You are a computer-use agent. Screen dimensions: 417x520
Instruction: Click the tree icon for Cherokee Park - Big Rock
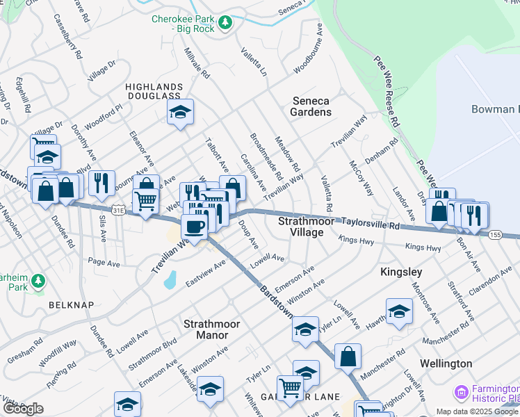click(x=225, y=24)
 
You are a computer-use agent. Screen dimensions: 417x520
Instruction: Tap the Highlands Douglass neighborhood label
click(x=154, y=92)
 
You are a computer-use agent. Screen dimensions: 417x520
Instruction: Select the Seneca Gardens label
click(x=310, y=106)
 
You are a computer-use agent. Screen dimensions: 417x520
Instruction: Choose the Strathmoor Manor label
click(x=206, y=329)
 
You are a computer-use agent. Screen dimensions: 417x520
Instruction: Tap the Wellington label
click(x=446, y=363)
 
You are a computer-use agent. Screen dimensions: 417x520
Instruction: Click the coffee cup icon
click(x=194, y=226)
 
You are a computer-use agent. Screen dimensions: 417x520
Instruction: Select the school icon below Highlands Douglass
click(x=180, y=112)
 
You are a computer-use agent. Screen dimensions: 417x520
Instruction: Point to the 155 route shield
click(x=495, y=235)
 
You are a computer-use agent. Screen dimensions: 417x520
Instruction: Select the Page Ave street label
click(x=104, y=264)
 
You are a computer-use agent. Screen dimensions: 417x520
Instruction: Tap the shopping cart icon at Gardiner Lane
click(x=289, y=387)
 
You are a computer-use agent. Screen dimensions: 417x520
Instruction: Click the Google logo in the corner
click(x=23, y=409)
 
